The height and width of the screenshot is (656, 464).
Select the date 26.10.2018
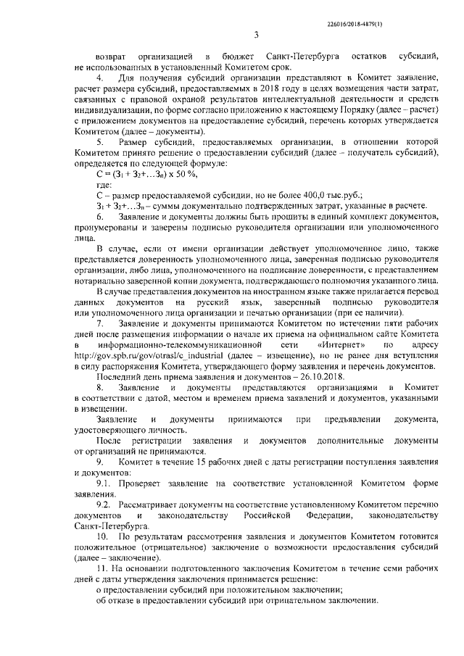coord(299,378)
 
